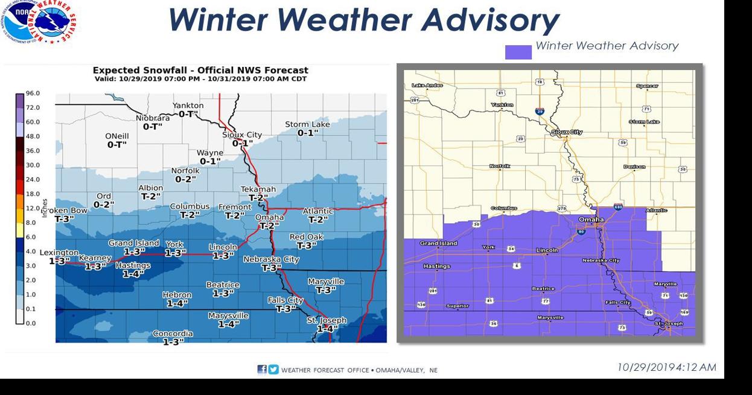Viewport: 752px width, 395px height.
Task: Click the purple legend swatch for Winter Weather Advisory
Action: pos(518,52)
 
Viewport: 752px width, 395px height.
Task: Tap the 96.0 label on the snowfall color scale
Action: pos(33,93)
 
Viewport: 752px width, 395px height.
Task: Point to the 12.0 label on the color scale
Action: pos(33,208)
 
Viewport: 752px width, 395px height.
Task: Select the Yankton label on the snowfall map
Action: pos(188,106)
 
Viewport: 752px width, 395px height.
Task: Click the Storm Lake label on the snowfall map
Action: pos(307,124)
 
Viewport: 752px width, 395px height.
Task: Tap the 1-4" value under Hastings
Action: pos(132,274)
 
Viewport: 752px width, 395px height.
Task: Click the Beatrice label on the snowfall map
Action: pos(223,285)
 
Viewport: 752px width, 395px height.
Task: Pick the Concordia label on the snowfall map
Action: pos(173,333)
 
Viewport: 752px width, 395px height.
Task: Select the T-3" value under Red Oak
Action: pos(307,245)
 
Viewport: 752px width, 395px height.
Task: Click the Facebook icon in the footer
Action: pos(262,370)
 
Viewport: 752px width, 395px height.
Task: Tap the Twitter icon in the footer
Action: pos(273,370)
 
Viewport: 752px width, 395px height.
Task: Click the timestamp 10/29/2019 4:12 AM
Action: pos(666,367)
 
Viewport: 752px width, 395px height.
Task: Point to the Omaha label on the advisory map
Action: pos(591,220)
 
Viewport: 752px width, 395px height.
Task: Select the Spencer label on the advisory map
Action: pos(647,86)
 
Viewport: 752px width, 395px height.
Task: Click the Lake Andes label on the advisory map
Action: pos(427,86)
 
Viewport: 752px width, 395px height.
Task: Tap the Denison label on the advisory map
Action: pos(634,167)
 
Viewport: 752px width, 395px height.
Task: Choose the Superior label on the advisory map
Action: pos(457,306)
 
